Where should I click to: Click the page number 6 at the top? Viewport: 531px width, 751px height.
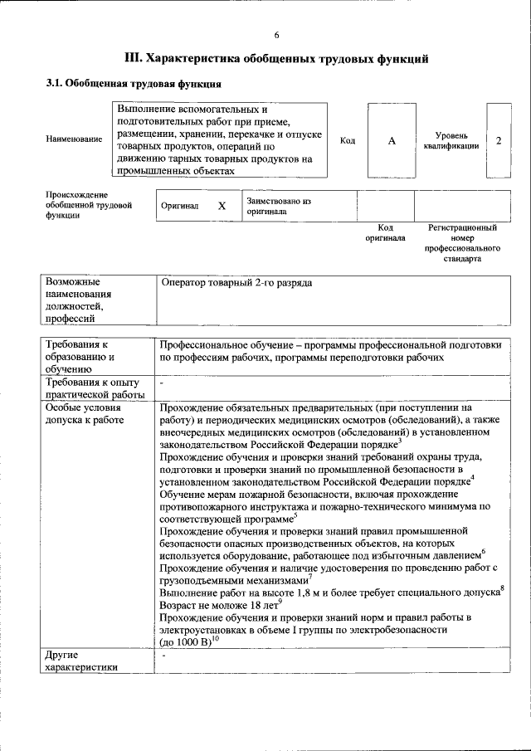click(x=276, y=34)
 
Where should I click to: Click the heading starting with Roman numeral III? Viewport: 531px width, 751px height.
click(x=276, y=59)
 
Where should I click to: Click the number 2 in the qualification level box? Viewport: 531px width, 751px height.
click(x=498, y=140)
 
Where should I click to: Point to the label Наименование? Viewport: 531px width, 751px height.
click(x=75, y=140)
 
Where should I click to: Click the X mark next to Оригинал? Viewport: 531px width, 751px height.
click(x=222, y=206)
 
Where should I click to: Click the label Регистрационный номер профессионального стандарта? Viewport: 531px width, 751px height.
click(x=462, y=242)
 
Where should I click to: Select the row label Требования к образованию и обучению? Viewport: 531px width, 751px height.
click(x=81, y=356)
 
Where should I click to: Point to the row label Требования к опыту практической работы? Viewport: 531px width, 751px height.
click(x=95, y=388)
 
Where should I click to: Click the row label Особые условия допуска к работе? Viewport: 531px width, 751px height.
click(x=85, y=414)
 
